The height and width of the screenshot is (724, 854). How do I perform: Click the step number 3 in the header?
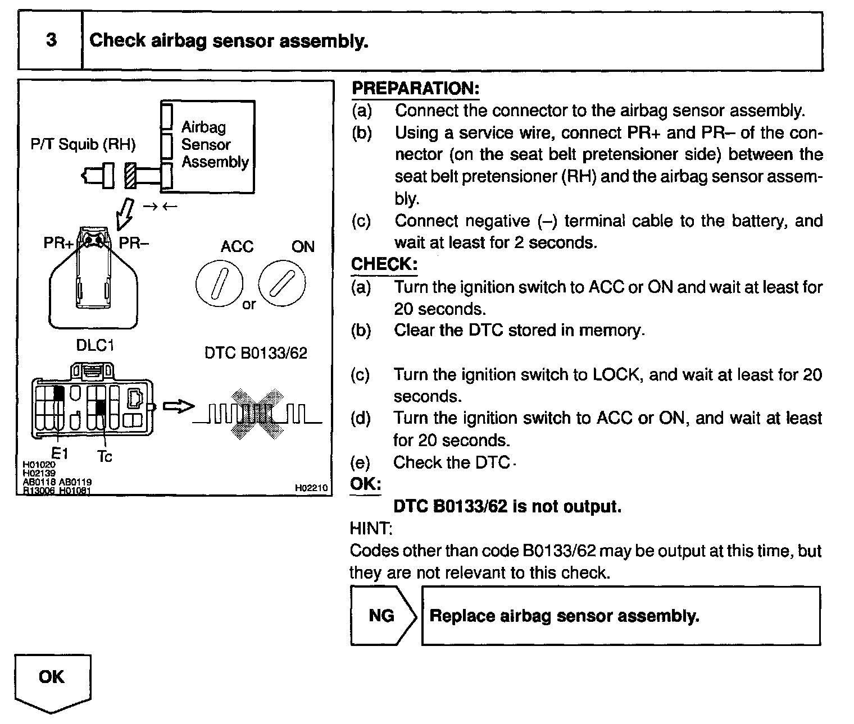click(51, 40)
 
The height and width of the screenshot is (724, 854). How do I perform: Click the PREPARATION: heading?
click(415, 88)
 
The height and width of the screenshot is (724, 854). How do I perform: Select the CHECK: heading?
click(384, 264)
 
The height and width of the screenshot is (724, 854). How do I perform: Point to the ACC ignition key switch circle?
click(220, 283)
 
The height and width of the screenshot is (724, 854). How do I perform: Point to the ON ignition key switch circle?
click(283, 283)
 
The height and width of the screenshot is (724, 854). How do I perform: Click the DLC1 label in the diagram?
click(95, 346)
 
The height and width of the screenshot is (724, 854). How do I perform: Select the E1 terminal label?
click(59, 453)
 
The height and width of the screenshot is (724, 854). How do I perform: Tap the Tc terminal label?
click(105, 457)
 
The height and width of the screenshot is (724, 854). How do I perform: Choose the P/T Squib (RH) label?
click(83, 145)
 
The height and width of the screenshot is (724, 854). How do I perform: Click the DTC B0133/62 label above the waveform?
click(256, 353)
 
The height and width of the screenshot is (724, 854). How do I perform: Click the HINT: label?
click(371, 529)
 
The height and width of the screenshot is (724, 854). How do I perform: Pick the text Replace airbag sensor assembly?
click(564, 616)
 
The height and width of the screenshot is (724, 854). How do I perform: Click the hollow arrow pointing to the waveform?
click(178, 407)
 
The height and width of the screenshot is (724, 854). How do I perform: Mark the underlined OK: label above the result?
click(365, 484)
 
